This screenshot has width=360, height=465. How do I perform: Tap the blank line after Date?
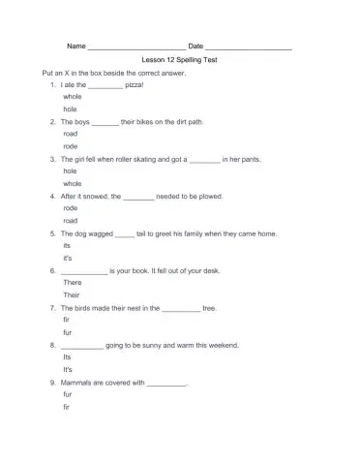pos(249,46)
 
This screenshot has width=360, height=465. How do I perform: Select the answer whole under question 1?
pos(72,98)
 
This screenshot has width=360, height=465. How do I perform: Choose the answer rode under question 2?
pos(70,146)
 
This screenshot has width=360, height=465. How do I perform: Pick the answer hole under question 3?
pos(70,170)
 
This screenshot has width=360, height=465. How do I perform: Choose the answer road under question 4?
pos(70,220)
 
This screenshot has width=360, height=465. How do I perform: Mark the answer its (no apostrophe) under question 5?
pos(67,245)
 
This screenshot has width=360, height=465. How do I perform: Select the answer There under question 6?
pos(72,282)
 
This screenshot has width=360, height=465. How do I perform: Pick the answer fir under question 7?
pos(66,319)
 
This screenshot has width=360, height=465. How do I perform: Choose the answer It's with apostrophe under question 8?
pos(68,370)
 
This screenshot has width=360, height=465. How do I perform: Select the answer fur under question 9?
pos(67,394)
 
